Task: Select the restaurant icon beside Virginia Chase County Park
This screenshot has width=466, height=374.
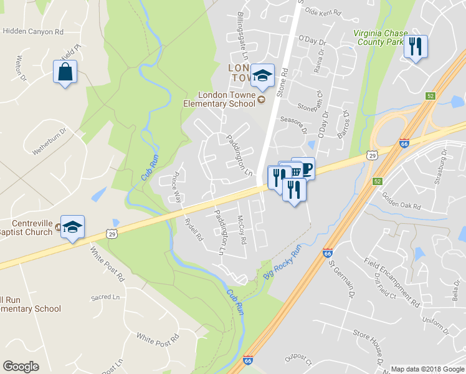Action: click(416, 47)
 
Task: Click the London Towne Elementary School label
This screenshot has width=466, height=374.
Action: click(219, 99)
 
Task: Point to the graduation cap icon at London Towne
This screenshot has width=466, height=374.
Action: click(262, 76)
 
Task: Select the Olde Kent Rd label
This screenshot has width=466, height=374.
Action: click(323, 12)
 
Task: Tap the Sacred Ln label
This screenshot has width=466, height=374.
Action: click(105, 281)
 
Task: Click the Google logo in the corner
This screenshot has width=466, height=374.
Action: click(21, 367)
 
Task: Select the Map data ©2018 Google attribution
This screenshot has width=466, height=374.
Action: click(427, 369)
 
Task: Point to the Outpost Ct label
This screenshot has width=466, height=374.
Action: click(298, 360)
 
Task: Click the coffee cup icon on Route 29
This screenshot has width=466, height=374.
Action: click(305, 168)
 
